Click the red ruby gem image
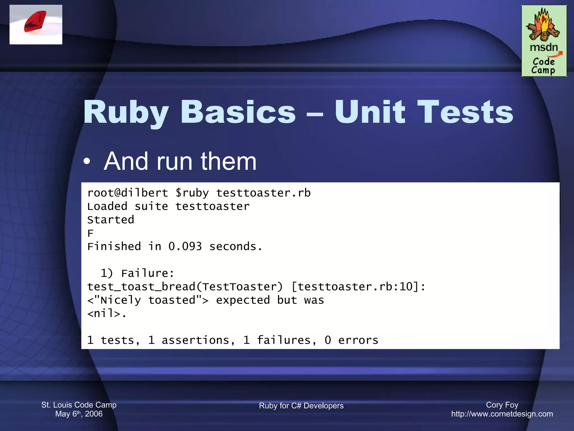(x=35, y=22)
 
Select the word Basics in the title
(x=238, y=112)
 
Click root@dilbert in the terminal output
(x=128, y=193)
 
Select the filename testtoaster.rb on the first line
(x=263, y=193)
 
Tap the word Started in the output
(x=111, y=220)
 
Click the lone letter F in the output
(x=90, y=233)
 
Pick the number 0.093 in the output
(x=185, y=247)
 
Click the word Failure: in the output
(x=148, y=273)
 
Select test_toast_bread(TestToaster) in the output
(x=185, y=287)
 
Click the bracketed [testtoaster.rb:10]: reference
(x=358, y=287)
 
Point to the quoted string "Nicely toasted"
(x=148, y=300)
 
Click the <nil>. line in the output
(x=107, y=313)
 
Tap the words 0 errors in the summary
(x=351, y=340)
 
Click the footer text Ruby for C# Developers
(x=301, y=406)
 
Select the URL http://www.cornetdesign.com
(x=502, y=414)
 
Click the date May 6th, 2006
(x=79, y=414)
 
